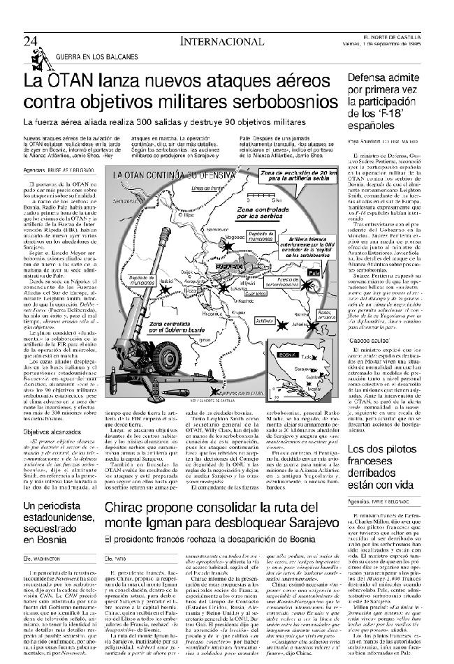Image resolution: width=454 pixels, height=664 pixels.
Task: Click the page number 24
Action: [x=29, y=41]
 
